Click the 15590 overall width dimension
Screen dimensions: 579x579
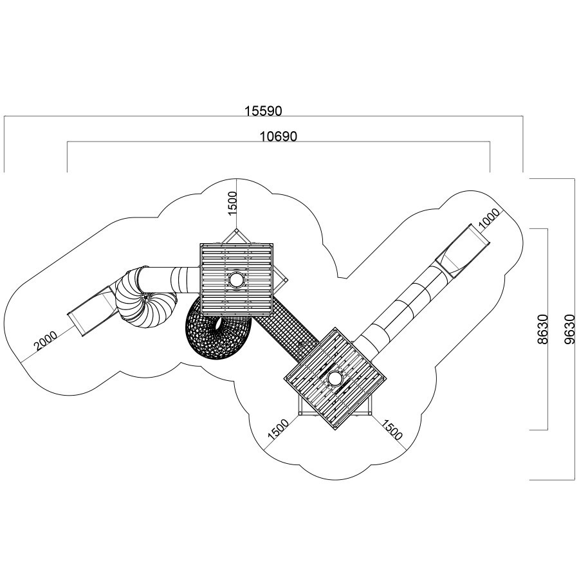pos(263,111)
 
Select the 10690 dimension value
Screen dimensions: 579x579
pos(278,136)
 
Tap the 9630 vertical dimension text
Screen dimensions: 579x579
pos(570,329)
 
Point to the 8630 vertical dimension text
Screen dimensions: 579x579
pos(542,329)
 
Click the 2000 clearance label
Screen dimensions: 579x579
pos(46,341)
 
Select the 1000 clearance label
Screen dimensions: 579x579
pos(489,218)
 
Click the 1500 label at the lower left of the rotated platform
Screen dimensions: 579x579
pos(278,429)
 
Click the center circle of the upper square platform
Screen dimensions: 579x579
pos(236,280)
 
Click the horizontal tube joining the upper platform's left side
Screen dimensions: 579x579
pos(168,280)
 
